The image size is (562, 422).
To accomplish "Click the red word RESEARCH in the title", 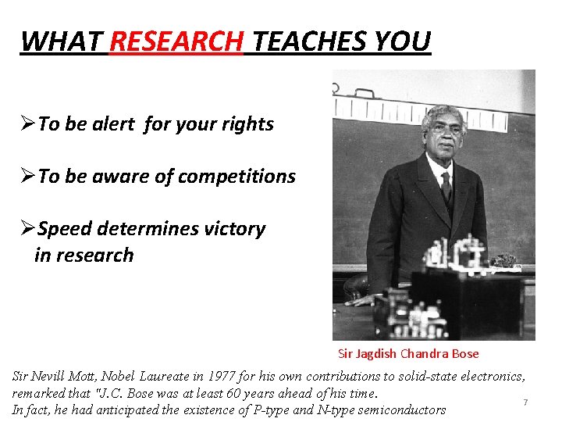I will click(x=176, y=41).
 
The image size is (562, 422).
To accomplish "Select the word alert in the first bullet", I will click(x=109, y=124).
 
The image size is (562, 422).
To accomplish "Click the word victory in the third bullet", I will click(x=233, y=229).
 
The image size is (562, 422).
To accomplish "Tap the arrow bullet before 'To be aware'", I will click(x=28, y=177).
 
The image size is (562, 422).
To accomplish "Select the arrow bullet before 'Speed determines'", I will click(x=28, y=229).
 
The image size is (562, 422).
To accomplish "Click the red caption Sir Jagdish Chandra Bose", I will click(x=408, y=353).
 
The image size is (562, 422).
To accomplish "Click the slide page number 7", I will click(x=525, y=402).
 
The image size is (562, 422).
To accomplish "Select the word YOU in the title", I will click(x=404, y=41).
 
